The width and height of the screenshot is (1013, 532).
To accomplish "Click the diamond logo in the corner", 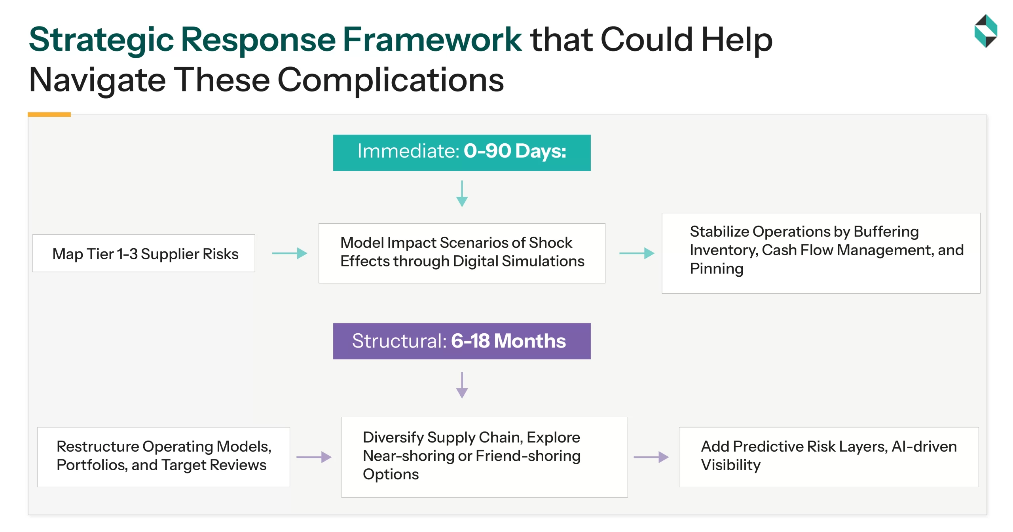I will (x=985, y=31).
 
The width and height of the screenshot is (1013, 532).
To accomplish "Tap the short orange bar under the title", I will (x=49, y=114).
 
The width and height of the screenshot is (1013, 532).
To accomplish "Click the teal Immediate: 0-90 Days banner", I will (x=461, y=152).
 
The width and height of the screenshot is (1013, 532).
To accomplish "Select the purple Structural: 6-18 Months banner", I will (x=461, y=341).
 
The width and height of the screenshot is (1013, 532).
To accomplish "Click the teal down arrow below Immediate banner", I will (x=462, y=194).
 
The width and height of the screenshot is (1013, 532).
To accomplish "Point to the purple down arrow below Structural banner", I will (x=462, y=385).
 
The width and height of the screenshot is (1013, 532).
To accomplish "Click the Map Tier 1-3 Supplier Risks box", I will (x=144, y=253).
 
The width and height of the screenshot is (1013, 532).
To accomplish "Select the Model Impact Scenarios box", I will (x=461, y=253).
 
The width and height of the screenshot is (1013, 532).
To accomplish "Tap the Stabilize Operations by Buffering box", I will (x=821, y=253).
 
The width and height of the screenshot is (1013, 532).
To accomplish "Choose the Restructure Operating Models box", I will (x=163, y=457).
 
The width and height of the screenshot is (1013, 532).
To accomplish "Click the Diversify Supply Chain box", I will (x=484, y=457).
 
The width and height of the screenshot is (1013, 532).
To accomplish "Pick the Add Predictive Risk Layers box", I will (x=829, y=457).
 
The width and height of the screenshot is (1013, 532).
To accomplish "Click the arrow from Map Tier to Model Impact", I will (x=290, y=253).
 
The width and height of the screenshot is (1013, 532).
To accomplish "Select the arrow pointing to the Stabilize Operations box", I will (x=637, y=253).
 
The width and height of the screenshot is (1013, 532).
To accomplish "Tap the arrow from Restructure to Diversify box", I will (x=314, y=457).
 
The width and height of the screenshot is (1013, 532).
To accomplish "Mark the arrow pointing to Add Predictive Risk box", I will (x=651, y=457).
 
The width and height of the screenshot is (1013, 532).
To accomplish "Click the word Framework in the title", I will (x=432, y=40).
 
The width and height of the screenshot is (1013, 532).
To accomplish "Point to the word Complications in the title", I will (x=391, y=80).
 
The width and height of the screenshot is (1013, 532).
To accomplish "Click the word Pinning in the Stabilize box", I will (x=716, y=269).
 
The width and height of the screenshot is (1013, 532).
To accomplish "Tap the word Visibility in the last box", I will (x=730, y=465).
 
